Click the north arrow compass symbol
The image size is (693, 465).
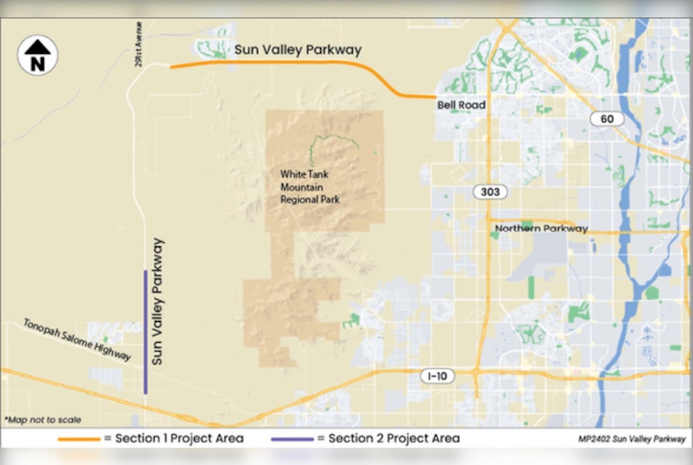tap(37, 56)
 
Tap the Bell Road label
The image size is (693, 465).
tap(460, 106)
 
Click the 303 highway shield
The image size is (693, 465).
tap(489, 192)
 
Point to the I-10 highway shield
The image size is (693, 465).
tap(437, 376)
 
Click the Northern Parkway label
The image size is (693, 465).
tap(541, 229)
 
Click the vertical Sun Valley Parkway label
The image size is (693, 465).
tap(158, 302)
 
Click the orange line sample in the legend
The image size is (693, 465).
tap(78, 439)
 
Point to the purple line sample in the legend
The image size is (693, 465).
tap(293, 439)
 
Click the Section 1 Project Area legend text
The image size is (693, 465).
tap(173, 439)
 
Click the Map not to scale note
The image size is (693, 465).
tap(42, 419)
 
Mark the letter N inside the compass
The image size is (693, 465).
tap(37, 64)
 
